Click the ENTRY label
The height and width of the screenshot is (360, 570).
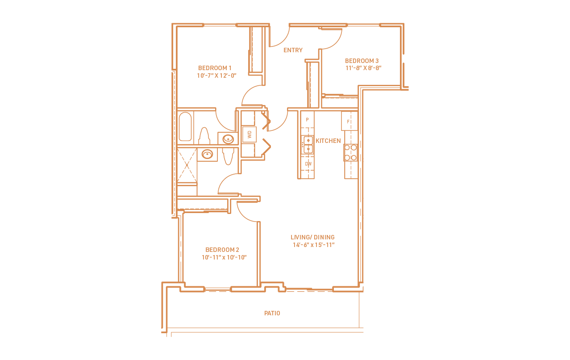coord(293,50)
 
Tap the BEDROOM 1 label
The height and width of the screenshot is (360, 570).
coord(215,68)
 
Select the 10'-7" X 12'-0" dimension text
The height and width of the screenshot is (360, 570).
coord(216,75)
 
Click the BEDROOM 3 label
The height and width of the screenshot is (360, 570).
coord(362,61)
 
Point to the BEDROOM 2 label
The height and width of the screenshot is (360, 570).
coord(222,250)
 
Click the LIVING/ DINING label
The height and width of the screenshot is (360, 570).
coord(312,237)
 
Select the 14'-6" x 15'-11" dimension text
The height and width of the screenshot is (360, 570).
coord(313,245)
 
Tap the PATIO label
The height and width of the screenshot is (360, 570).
coord(272,314)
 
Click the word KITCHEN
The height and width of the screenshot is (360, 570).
coord(328,141)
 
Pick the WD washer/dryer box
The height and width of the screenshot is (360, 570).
coord(249,134)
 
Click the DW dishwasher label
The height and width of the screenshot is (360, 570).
coord(308,164)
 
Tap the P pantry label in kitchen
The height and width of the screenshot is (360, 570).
coord(307,120)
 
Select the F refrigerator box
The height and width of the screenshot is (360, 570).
coord(349,121)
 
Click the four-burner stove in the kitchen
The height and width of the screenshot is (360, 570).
coord(350,152)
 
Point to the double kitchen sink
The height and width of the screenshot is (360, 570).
coord(308,145)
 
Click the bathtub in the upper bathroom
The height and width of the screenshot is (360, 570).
coord(185,127)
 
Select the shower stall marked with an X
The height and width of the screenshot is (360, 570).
coord(187,165)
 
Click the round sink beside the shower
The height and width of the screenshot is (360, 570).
coord(207,155)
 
